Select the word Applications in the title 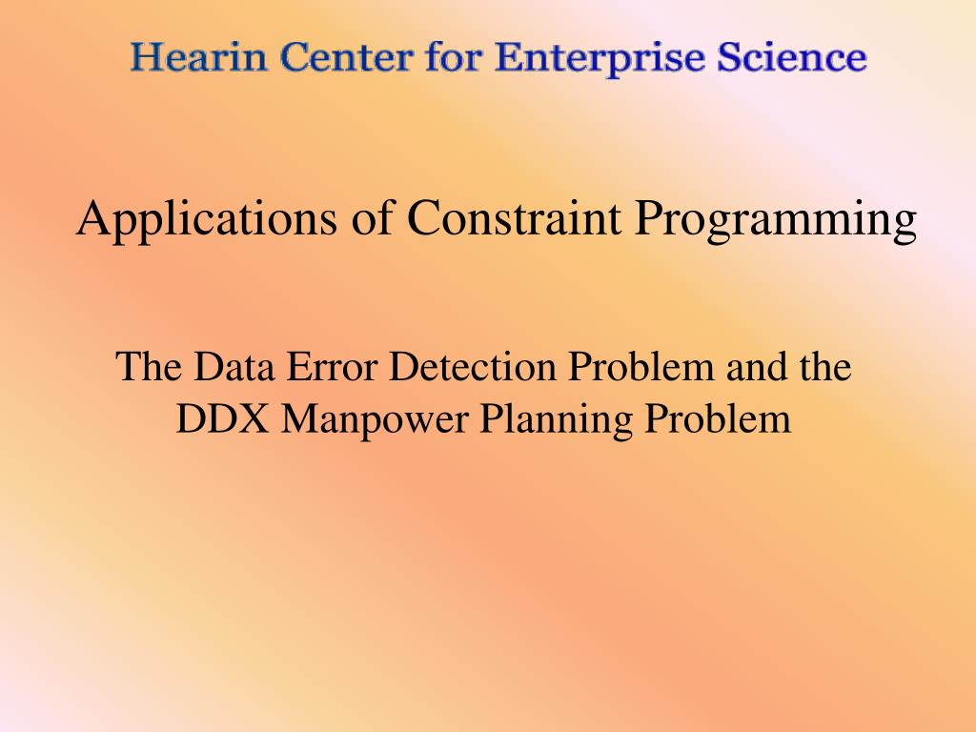[x=207, y=219]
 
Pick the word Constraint [x=514, y=218]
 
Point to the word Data [x=234, y=366]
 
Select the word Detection [x=473, y=366]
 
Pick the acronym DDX [x=223, y=419]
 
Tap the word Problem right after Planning [x=718, y=418]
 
